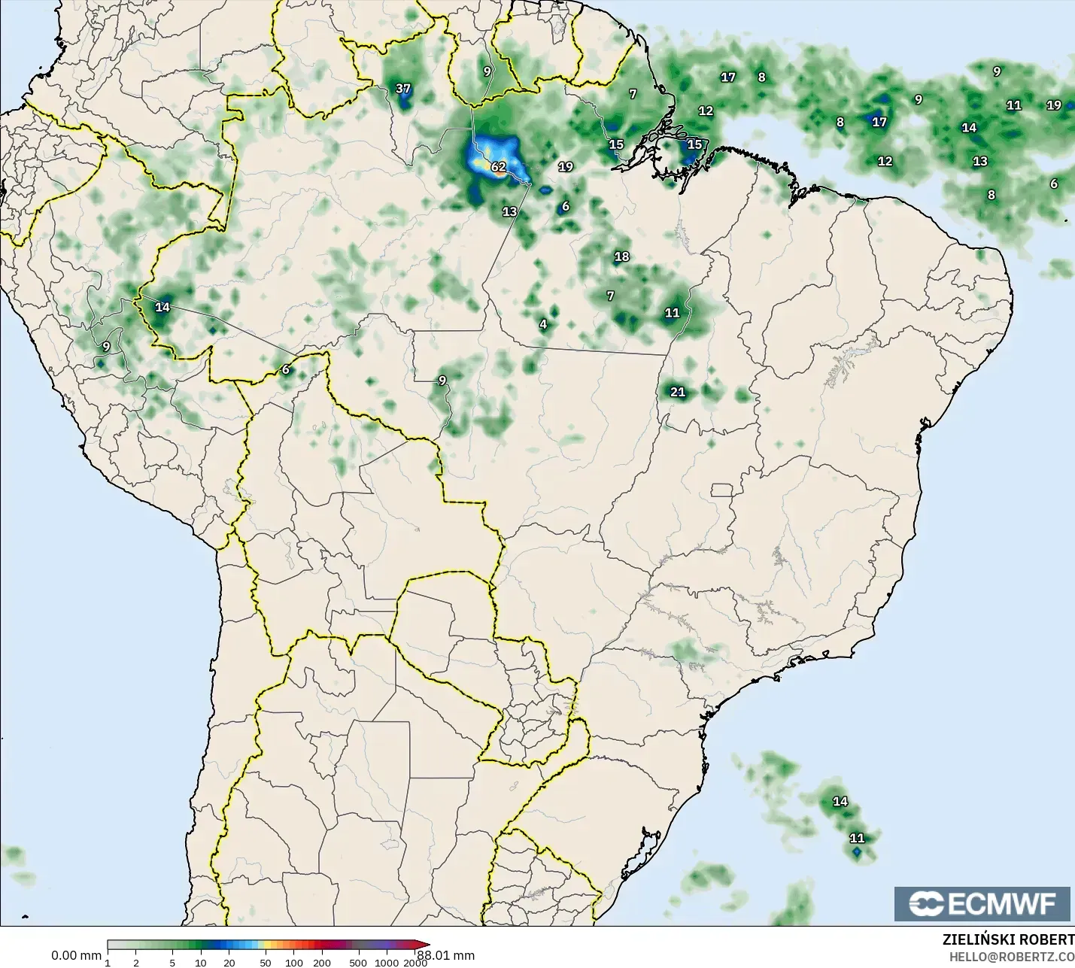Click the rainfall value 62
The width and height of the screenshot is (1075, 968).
tap(499, 167)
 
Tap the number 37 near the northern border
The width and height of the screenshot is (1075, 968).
tap(403, 89)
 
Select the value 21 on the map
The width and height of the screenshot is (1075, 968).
tap(678, 392)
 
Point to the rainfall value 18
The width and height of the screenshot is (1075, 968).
tap(621, 257)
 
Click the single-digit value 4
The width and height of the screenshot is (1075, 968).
tap(543, 325)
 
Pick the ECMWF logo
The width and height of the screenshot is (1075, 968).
tap(982, 904)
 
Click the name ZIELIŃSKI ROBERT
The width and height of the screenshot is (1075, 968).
tap(1008, 940)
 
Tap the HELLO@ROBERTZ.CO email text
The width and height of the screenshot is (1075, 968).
tap(1011, 957)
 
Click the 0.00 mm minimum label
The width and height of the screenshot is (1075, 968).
tap(76, 956)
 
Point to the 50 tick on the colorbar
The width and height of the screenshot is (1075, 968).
tap(265, 963)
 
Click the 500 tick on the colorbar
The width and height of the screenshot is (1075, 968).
tap(358, 963)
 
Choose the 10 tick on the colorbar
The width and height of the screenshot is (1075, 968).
tap(201, 963)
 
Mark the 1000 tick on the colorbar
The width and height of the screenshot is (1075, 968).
tap(387, 963)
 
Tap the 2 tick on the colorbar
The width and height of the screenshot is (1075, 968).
tap(136, 963)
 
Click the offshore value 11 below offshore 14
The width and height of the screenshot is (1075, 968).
tap(857, 839)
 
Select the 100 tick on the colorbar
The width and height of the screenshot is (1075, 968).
tap(294, 963)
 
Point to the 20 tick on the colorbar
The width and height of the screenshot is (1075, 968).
tap(229, 963)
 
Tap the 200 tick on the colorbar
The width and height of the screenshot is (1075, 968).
tap(322, 963)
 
